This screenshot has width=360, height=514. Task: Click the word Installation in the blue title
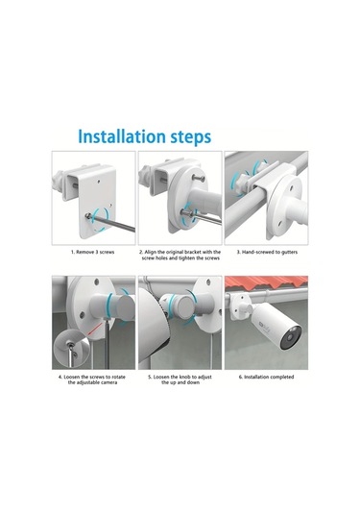(122, 136)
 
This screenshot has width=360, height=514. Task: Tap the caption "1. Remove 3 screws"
(93, 252)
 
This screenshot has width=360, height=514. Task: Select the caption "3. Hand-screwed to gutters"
(267, 252)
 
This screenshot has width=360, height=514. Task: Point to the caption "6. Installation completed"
(266, 377)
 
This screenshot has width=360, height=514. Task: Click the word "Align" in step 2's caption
(150, 252)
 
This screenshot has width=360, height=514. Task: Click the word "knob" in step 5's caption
(182, 377)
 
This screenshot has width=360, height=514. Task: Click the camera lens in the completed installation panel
(290, 337)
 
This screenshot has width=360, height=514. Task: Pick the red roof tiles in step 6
(266, 281)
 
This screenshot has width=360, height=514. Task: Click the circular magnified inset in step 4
(71, 351)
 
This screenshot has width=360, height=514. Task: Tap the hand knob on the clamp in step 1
(58, 179)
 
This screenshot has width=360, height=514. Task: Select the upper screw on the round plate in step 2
(199, 178)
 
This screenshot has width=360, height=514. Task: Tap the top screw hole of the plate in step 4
(96, 281)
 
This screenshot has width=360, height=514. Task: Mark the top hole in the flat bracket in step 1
(99, 181)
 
